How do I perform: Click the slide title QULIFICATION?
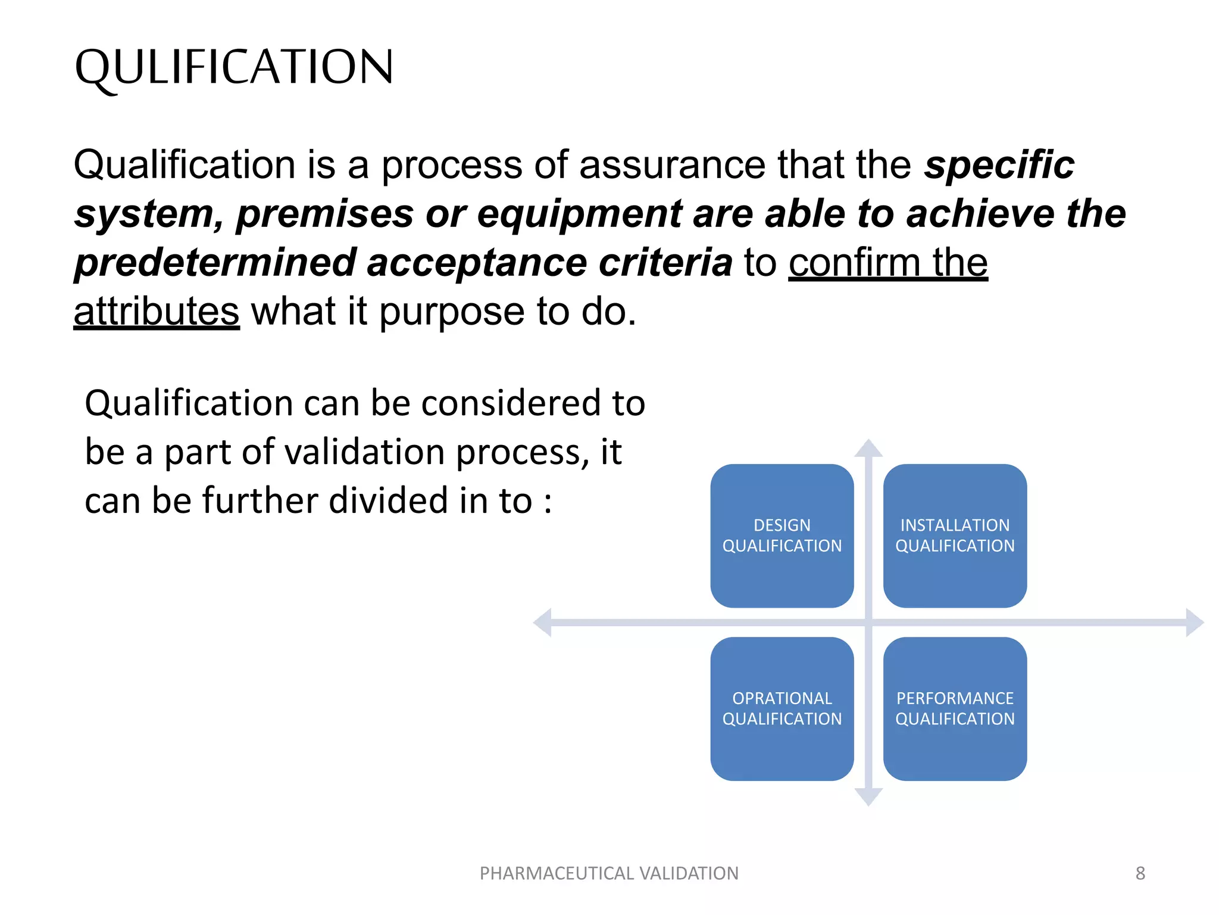234,67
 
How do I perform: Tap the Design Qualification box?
782,536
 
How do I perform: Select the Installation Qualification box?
955,536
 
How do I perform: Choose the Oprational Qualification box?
782,708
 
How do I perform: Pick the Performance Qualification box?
955,708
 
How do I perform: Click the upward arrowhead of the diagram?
868,449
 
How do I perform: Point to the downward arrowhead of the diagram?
868,796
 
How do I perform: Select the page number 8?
1140,873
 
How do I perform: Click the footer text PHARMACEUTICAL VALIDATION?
609,873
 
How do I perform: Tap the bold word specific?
999,165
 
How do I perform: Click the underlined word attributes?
157,312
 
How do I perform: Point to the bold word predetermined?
214,263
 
